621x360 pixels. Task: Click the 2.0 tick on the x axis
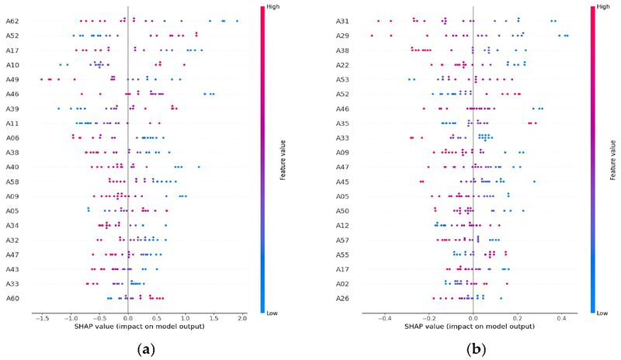(x=241, y=318)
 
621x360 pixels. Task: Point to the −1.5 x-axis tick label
(x=40, y=318)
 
